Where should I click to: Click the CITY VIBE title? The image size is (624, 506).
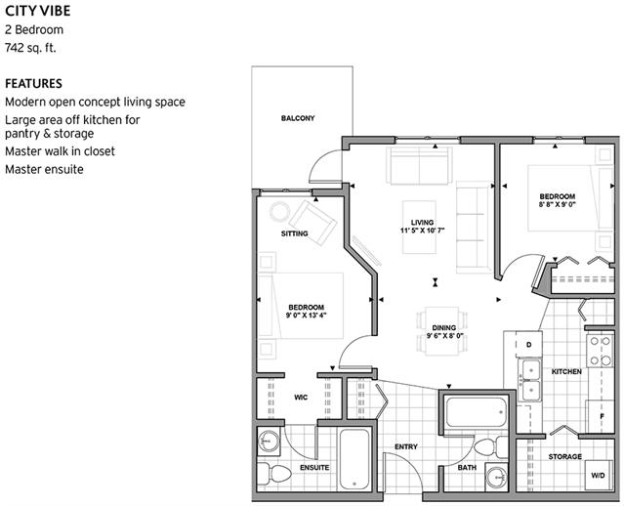point(38,11)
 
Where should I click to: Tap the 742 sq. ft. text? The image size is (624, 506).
point(30,48)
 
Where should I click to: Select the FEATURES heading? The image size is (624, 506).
point(33,84)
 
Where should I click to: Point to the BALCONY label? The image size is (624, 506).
point(298,118)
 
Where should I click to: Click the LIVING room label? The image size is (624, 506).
point(422,223)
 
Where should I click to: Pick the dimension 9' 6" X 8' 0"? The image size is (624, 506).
point(445,336)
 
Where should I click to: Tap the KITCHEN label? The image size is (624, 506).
point(566,371)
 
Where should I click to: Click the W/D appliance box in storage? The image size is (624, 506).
point(599,475)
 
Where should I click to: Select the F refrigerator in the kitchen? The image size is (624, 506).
point(602,416)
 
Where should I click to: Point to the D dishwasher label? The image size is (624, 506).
point(529,345)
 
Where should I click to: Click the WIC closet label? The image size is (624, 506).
point(301,398)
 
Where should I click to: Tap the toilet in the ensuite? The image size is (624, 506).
point(274,475)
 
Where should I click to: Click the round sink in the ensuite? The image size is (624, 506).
point(269,442)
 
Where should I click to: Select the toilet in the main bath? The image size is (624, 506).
point(490,446)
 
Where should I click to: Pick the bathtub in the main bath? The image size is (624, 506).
point(477,412)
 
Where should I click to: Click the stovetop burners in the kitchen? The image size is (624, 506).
point(601,351)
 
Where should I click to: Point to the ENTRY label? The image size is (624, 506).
point(406,446)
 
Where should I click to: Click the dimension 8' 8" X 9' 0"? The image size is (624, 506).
point(558,204)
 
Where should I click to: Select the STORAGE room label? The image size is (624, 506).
point(565,456)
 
